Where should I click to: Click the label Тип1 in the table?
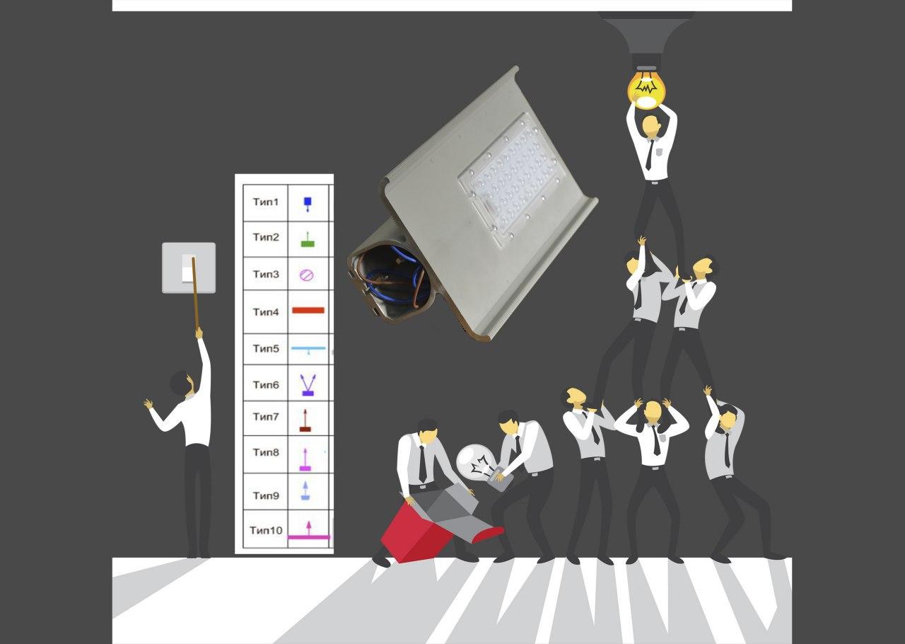(265, 202)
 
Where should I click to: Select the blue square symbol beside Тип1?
(308, 202)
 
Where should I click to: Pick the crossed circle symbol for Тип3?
(307, 275)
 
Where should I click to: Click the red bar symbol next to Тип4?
(308, 310)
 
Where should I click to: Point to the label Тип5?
(265, 348)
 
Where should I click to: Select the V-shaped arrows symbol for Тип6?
(308, 385)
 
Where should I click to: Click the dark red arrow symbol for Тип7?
(305, 420)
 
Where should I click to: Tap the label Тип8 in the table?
(265, 452)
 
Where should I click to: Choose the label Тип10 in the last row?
(265, 530)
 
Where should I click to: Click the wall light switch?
(189, 268)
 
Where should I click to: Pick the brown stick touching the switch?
(196, 293)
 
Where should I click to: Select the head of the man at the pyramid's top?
(651, 127)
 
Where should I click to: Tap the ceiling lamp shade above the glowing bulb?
(646, 33)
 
